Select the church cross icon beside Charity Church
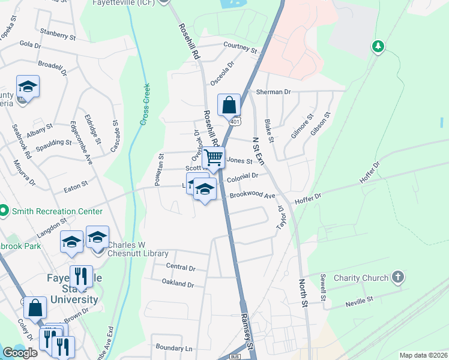(396, 277)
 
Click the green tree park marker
(378, 46)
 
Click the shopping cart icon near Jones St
(213, 158)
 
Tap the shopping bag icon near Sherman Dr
(229, 105)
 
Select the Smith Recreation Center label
(56, 211)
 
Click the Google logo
(20, 353)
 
